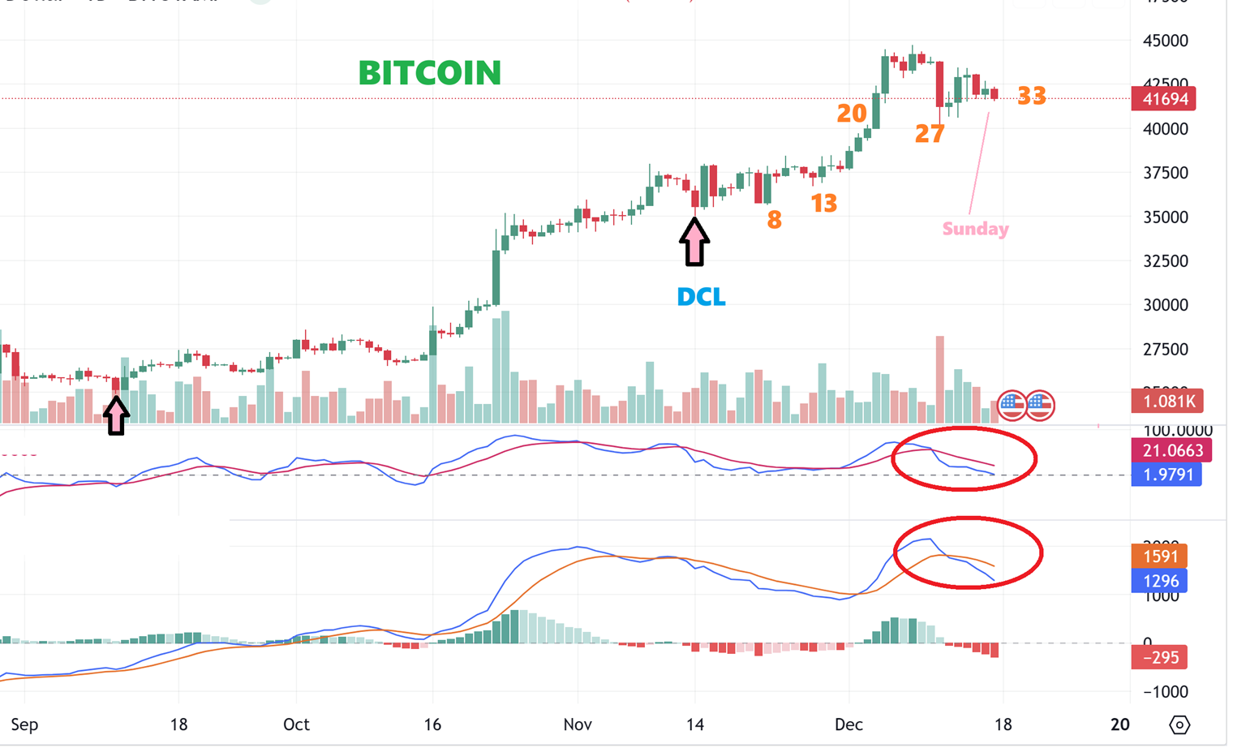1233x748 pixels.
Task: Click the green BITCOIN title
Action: [430, 73]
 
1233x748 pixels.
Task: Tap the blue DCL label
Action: [701, 297]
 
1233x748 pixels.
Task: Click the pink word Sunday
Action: [975, 229]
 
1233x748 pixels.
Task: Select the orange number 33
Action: [1031, 97]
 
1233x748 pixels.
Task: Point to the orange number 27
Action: [930, 134]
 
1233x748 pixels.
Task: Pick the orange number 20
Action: [852, 114]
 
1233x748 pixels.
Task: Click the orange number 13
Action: [824, 203]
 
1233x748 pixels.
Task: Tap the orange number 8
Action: [775, 219]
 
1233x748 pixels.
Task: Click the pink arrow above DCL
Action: [694, 242]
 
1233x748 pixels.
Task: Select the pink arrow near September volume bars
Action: [116, 415]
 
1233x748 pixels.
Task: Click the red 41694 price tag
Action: [1165, 99]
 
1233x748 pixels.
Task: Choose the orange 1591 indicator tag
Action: [1160, 557]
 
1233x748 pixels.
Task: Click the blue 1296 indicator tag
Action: [1160, 581]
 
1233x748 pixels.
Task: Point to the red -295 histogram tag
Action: [1160, 657]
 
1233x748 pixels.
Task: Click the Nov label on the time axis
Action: [578, 724]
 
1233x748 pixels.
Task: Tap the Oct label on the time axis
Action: [296, 724]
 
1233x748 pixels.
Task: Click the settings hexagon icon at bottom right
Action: [1179, 724]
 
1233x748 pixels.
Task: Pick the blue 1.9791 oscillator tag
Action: [1166, 475]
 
